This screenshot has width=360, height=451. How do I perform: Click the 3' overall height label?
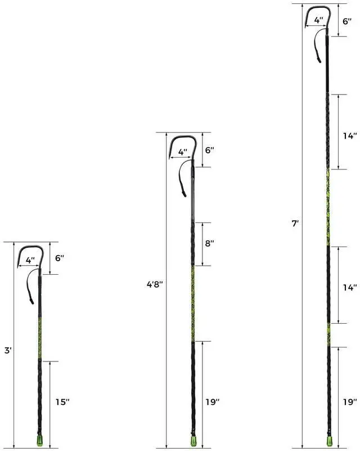[x=8, y=351]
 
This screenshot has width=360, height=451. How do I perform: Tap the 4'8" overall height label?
[x=155, y=284]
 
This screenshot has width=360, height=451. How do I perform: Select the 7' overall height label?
[x=295, y=224]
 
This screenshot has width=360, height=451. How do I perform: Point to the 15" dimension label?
[x=62, y=402]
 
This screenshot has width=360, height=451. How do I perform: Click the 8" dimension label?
[x=209, y=244]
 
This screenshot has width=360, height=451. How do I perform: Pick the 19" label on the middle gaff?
[x=213, y=402]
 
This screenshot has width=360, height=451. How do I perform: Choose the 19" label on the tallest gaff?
[x=350, y=402]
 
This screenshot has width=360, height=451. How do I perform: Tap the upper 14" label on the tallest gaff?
[x=350, y=136]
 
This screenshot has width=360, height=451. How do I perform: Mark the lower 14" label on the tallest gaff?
[x=350, y=287]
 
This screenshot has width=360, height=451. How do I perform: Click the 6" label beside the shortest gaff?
[x=60, y=258]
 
